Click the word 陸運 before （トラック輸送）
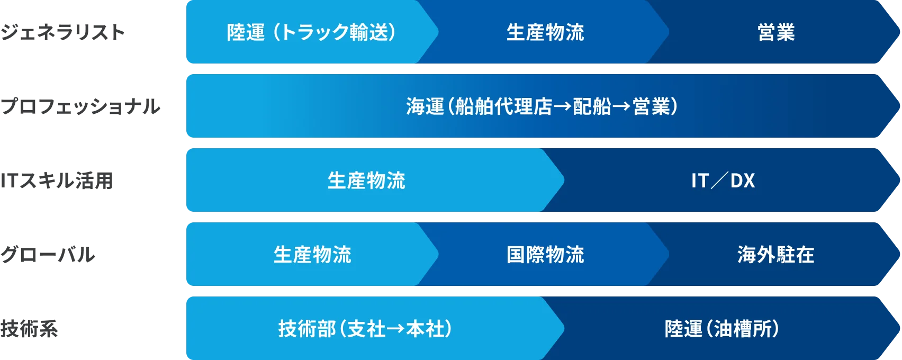tap(246, 33)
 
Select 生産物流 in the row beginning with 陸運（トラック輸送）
tap(545, 33)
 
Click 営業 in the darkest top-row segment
tap(776, 33)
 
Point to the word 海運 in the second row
tap(425, 107)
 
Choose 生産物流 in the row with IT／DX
tap(366, 181)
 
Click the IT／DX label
tap(723, 181)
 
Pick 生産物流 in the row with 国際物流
tap(312, 255)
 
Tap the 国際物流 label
tap(545, 255)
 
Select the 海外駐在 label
tap(776, 255)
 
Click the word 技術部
tap(307, 329)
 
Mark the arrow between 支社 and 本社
tap(396, 329)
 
